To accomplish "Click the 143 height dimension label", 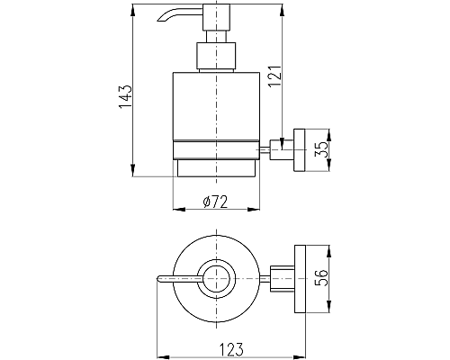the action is pos(125,97).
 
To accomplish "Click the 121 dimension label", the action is pos(274,76).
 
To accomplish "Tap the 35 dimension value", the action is pos(321,150).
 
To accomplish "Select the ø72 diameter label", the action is pos(215,202).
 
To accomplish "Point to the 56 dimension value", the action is pos(321,278).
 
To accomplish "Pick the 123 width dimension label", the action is pos(231,349).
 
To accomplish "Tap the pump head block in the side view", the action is pos(216,17).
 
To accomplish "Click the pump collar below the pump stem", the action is pos(216,56).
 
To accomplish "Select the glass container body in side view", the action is pos(216,106).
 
